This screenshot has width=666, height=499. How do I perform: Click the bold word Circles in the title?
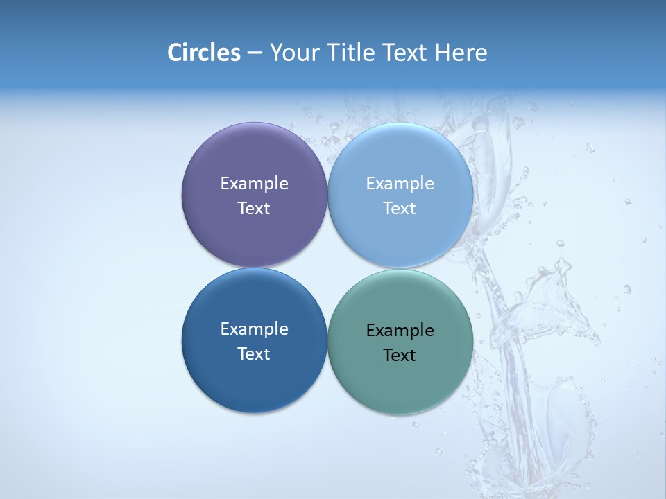(x=203, y=53)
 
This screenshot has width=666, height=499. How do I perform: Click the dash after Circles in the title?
(x=255, y=53)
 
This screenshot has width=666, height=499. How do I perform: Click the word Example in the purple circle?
(x=254, y=184)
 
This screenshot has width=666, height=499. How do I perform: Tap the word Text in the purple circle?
(x=254, y=209)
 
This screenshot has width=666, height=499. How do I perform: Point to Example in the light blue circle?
(x=400, y=184)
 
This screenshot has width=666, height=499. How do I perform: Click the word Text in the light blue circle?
(x=400, y=209)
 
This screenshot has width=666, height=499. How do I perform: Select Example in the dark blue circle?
(x=254, y=329)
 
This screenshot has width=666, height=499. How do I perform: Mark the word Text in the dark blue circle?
(x=254, y=354)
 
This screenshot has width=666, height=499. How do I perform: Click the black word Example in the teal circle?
(x=400, y=331)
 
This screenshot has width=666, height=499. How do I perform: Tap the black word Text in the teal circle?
(x=400, y=356)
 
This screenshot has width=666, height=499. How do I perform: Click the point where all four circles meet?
(x=327, y=268)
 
